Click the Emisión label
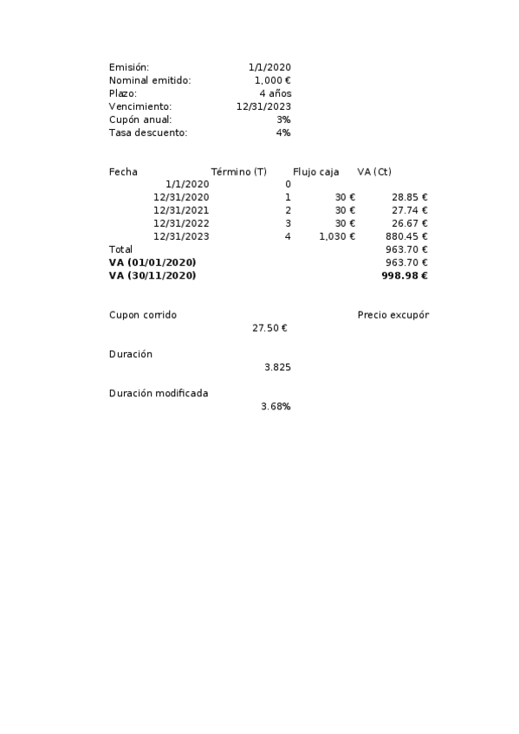[x=129, y=68]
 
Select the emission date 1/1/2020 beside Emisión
[x=269, y=68]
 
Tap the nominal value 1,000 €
[x=272, y=80]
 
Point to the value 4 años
[x=275, y=93]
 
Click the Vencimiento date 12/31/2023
[x=263, y=106]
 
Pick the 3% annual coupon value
[x=283, y=119]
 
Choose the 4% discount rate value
[x=283, y=132]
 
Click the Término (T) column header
[x=238, y=171]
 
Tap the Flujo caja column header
[x=315, y=171]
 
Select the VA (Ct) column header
[x=374, y=171]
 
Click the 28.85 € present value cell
[x=410, y=197]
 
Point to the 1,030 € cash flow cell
[x=337, y=236]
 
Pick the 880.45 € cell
[x=406, y=236]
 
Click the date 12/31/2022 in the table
[x=181, y=223]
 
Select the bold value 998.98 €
[x=405, y=275]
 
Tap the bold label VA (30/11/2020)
[x=152, y=275]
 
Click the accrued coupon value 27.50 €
[x=269, y=328]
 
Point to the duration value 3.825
[x=277, y=367]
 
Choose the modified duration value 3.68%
[x=276, y=406]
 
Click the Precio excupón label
[x=392, y=315]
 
